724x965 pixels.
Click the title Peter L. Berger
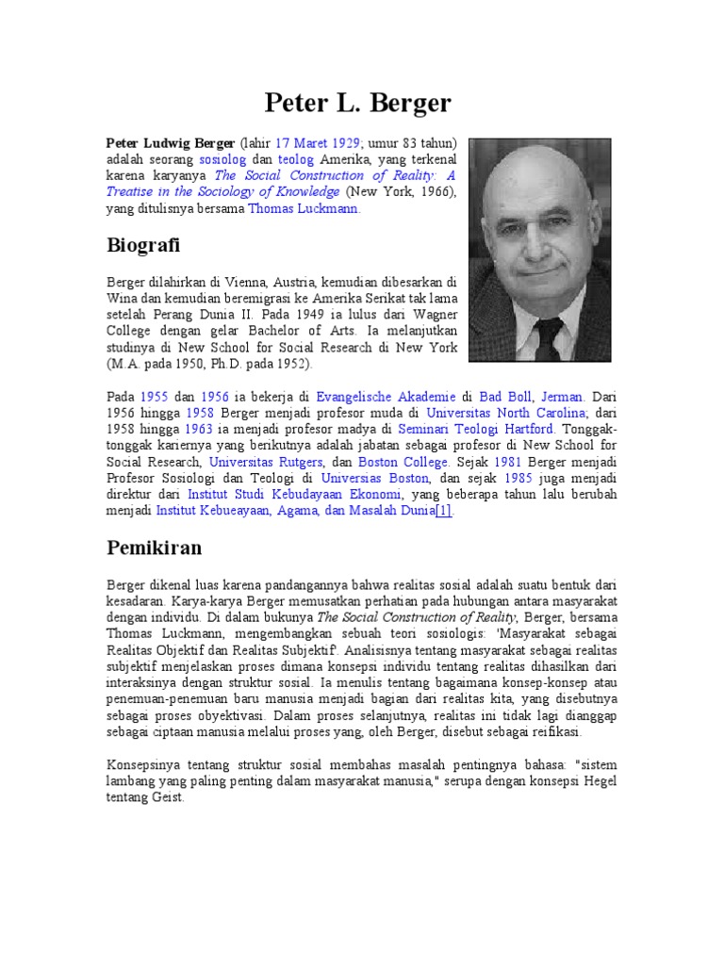358,102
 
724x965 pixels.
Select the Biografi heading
142,246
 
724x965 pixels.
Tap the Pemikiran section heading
154,548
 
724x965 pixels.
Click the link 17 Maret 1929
318,143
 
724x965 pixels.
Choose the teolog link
296,160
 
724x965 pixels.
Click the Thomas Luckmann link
304,208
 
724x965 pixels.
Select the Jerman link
563,398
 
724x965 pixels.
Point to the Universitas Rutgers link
266,462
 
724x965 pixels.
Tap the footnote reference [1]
443,510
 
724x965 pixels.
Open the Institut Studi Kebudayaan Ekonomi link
295,494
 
